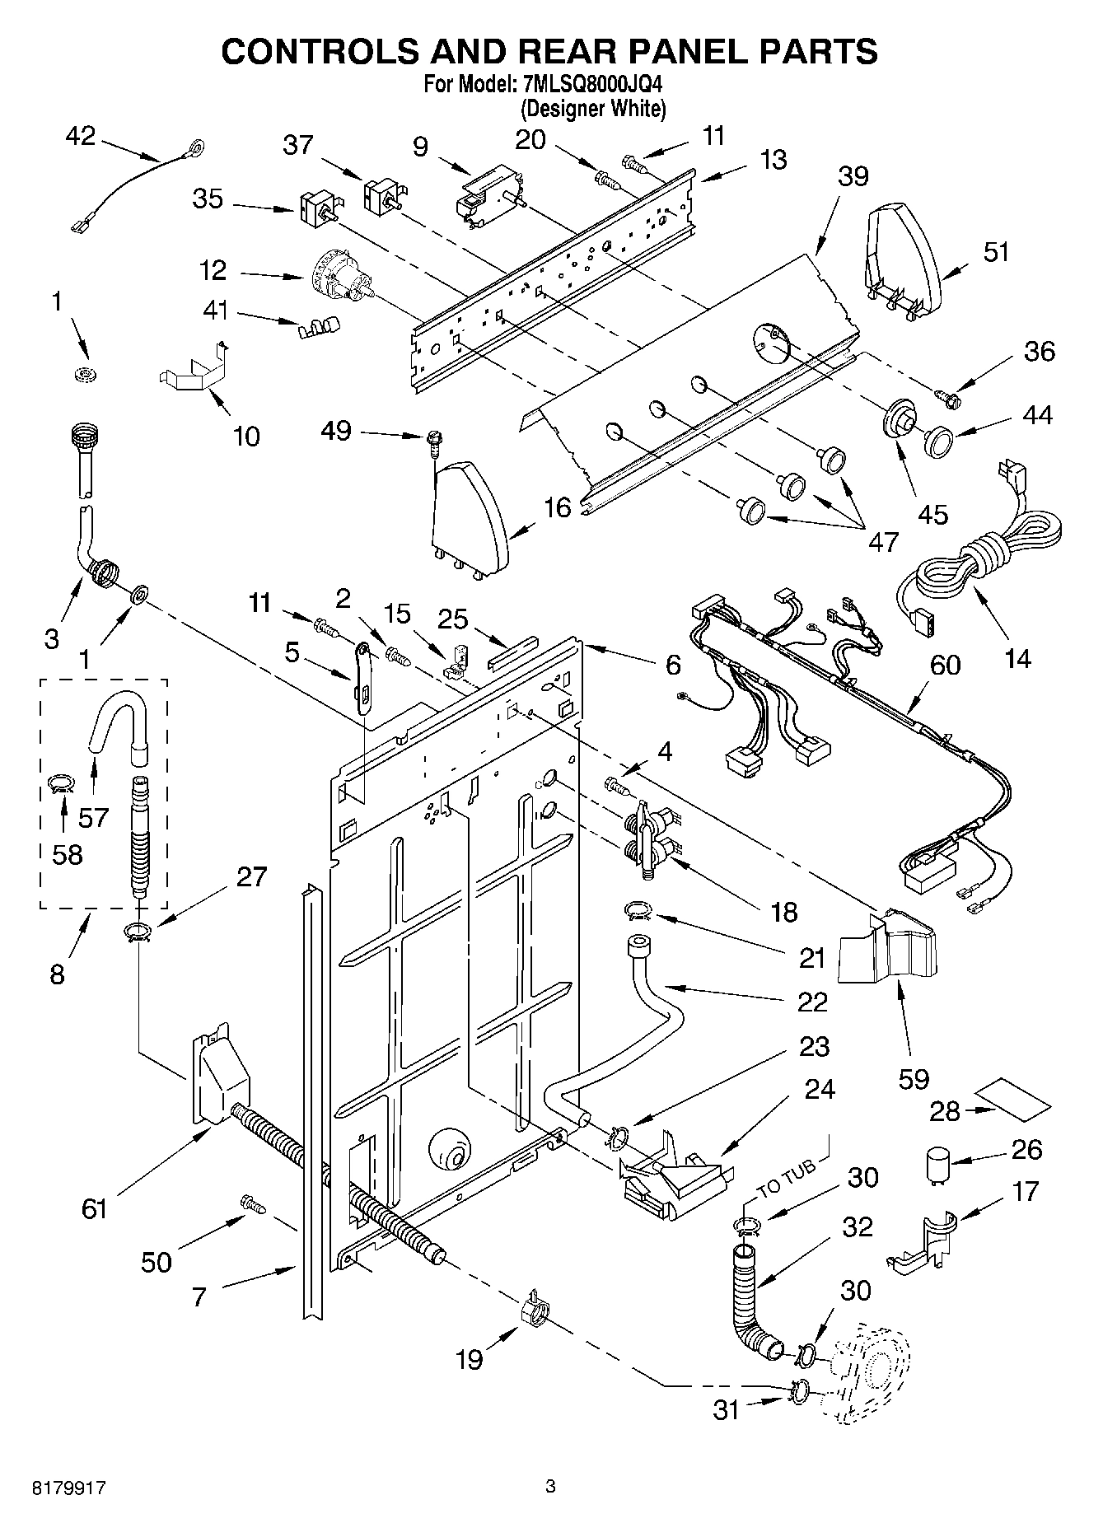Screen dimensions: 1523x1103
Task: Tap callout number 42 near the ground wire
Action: point(80,137)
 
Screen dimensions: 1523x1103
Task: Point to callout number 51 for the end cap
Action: point(996,251)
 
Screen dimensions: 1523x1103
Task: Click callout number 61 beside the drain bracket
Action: point(95,1208)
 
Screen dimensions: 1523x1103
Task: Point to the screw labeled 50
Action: point(252,1203)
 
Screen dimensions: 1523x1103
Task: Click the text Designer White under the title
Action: point(592,108)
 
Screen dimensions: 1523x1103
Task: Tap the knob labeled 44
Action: point(937,440)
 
